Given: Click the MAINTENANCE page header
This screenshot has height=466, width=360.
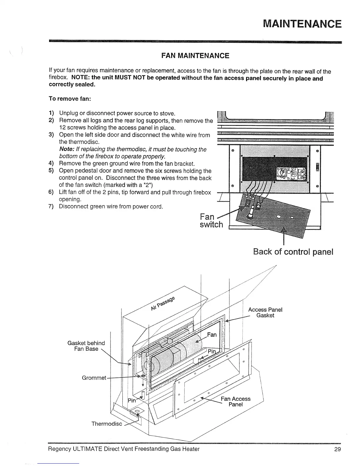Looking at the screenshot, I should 302,24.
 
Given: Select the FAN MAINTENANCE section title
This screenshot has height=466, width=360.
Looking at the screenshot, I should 195,56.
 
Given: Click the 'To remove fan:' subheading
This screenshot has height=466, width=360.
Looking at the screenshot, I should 69,99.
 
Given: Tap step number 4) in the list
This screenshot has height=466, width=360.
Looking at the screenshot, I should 51,164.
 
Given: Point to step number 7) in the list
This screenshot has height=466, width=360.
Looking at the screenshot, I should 51,206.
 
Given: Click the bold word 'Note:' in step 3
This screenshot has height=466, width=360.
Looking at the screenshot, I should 67,149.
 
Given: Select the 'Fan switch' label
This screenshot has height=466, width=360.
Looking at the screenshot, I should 211,221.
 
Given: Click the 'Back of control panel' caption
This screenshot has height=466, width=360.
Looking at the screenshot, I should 293,252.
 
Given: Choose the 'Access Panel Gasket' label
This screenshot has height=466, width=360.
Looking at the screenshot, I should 265,312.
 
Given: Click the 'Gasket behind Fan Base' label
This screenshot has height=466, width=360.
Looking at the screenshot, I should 86,346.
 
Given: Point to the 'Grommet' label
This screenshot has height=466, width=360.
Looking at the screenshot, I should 94,378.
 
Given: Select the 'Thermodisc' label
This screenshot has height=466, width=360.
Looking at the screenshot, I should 107,424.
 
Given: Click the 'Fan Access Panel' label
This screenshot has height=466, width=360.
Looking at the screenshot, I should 236,402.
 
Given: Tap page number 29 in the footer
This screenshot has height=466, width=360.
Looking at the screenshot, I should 337,449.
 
